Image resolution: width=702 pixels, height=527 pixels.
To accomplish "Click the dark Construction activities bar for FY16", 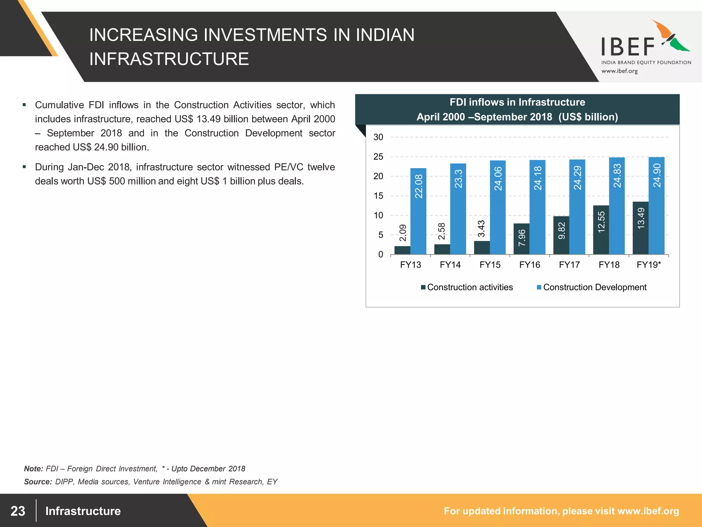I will click(522, 239).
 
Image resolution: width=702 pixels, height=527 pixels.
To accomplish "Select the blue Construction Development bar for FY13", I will click(419, 211).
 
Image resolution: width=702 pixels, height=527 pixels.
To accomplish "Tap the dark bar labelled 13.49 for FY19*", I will click(641, 228).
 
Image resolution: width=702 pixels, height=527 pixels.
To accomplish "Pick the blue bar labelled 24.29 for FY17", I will click(577, 207).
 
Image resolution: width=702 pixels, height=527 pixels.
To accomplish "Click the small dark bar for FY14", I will click(442, 249).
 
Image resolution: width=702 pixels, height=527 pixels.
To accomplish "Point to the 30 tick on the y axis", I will click(378, 137).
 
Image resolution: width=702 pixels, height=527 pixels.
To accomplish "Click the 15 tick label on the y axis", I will click(378, 196).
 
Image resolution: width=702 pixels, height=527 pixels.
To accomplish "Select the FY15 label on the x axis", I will click(490, 265).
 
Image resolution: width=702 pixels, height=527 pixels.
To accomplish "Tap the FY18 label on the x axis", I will click(609, 265).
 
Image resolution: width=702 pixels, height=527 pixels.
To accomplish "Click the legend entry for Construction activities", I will click(467, 287).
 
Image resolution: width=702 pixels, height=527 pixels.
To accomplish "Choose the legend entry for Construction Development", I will click(592, 287).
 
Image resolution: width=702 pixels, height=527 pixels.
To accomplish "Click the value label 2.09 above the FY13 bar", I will click(403, 233).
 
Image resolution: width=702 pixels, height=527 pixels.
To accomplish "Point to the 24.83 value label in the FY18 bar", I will click(617, 176).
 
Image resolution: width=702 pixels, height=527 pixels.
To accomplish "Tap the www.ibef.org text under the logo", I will click(619, 71).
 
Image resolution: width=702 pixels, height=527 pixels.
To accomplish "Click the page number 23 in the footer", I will click(18, 511).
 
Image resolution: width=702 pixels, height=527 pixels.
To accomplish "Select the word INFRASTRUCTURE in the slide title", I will click(169, 59).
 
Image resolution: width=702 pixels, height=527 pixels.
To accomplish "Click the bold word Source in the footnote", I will click(37, 482).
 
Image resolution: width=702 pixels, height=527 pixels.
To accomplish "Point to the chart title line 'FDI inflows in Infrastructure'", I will click(517, 102).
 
